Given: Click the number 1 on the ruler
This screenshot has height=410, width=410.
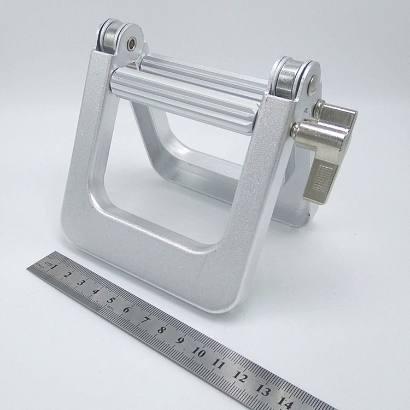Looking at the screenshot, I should click(55, 267).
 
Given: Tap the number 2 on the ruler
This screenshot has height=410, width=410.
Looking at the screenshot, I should click(67, 274).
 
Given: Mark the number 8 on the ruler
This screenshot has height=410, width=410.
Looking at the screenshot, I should click(161, 329).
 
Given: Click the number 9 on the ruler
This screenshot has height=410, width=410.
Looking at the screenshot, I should click(180, 340).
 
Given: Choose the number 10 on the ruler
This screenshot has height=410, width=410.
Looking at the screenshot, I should click(199, 352).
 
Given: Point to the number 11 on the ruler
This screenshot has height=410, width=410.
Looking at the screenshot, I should click(219, 363).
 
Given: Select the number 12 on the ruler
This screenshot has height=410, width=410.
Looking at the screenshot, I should click(240, 376).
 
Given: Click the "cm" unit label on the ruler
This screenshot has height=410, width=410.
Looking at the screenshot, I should click(49, 263).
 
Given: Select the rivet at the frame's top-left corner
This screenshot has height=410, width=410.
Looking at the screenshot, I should click(132, 42).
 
